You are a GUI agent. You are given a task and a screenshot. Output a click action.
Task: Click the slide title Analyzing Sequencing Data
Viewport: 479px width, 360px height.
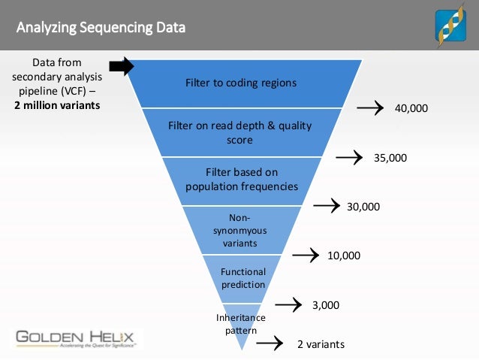pos(101,29)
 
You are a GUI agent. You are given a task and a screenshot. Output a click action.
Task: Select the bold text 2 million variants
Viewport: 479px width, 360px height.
pos(56,104)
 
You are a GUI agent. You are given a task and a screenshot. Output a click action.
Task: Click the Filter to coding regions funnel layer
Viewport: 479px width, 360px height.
pos(241,83)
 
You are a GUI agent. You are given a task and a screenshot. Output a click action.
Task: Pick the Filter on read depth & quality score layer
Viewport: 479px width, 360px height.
pos(239,132)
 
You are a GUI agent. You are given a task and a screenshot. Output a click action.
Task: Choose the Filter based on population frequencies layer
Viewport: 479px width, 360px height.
pos(241,179)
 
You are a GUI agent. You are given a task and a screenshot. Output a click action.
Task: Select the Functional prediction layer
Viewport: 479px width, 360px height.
pos(243,277)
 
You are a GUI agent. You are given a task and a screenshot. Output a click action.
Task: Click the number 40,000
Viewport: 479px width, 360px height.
pos(411,108)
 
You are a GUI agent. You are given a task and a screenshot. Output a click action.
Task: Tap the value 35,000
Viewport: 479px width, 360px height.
pos(390,158)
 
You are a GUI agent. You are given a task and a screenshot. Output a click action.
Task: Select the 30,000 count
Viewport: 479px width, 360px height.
pos(363,206)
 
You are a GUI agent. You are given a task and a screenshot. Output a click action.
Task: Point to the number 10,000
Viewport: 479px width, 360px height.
pos(344,256)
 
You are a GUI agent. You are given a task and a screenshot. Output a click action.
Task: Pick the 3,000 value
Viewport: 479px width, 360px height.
pos(326,305)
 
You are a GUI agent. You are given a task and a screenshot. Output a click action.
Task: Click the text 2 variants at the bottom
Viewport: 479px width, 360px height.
pos(321,345)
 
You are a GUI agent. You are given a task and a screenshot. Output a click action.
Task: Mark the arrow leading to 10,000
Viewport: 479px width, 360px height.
pos(305,256)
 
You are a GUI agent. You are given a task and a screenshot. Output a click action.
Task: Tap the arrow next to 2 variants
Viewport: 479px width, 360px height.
pos(268,344)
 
